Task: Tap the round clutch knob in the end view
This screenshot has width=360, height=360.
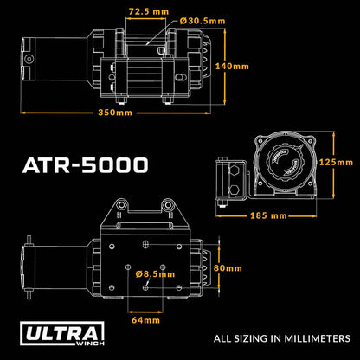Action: [284, 164]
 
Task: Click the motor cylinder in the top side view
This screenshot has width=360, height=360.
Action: [42, 60]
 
